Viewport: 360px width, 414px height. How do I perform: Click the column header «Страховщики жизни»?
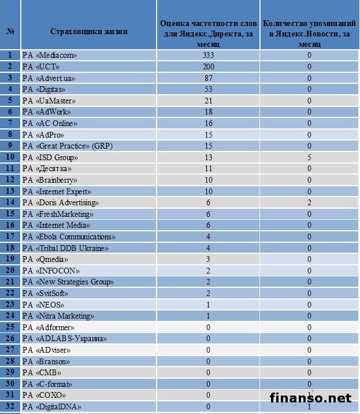[x=88, y=31]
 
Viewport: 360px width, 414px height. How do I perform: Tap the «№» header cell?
[x=10, y=31]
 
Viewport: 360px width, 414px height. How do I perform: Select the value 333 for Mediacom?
[x=208, y=55]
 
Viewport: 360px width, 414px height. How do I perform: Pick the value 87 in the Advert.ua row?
[x=208, y=77]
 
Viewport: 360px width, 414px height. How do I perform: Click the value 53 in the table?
[x=208, y=89]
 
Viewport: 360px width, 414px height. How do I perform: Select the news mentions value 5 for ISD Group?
[x=310, y=157]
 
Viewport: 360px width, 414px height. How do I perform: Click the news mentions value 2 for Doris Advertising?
[x=310, y=202]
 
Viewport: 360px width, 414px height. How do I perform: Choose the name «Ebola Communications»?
[x=69, y=236]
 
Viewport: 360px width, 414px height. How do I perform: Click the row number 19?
[x=10, y=259]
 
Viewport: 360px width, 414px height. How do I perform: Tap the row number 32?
[x=10, y=406]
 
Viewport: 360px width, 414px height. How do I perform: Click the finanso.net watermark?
[x=311, y=398]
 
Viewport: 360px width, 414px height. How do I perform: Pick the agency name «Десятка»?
[x=49, y=168]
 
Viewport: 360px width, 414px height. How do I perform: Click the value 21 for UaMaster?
[x=208, y=101]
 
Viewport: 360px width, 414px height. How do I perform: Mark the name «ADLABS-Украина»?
[x=64, y=338]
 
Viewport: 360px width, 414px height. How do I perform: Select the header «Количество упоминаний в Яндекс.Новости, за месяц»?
[x=310, y=31]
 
